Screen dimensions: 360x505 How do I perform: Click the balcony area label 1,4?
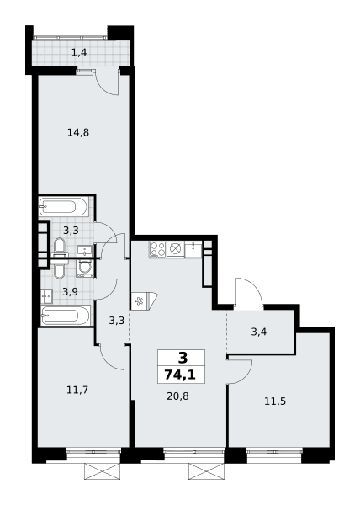[79, 52]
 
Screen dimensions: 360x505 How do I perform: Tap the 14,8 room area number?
[78, 132]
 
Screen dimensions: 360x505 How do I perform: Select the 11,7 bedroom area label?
[77, 390]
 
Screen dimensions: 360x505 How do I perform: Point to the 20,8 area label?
[177, 396]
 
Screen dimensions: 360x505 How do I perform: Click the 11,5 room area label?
[275, 401]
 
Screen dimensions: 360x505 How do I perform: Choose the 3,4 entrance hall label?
[259, 332]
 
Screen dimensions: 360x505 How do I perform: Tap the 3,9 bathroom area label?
[70, 292]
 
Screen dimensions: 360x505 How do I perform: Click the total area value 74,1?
[181, 375]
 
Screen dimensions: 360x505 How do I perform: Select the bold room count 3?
[182, 358]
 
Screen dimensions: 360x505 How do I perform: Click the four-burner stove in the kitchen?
[157, 249]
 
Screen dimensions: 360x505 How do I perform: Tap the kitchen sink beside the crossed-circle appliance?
[193, 249]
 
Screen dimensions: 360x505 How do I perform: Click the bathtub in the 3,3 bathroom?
[63, 206]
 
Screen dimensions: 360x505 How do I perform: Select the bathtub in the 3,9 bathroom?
[66, 316]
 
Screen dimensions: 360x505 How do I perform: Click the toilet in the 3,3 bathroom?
[59, 247]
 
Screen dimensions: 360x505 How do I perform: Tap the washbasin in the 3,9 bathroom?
[46, 296]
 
